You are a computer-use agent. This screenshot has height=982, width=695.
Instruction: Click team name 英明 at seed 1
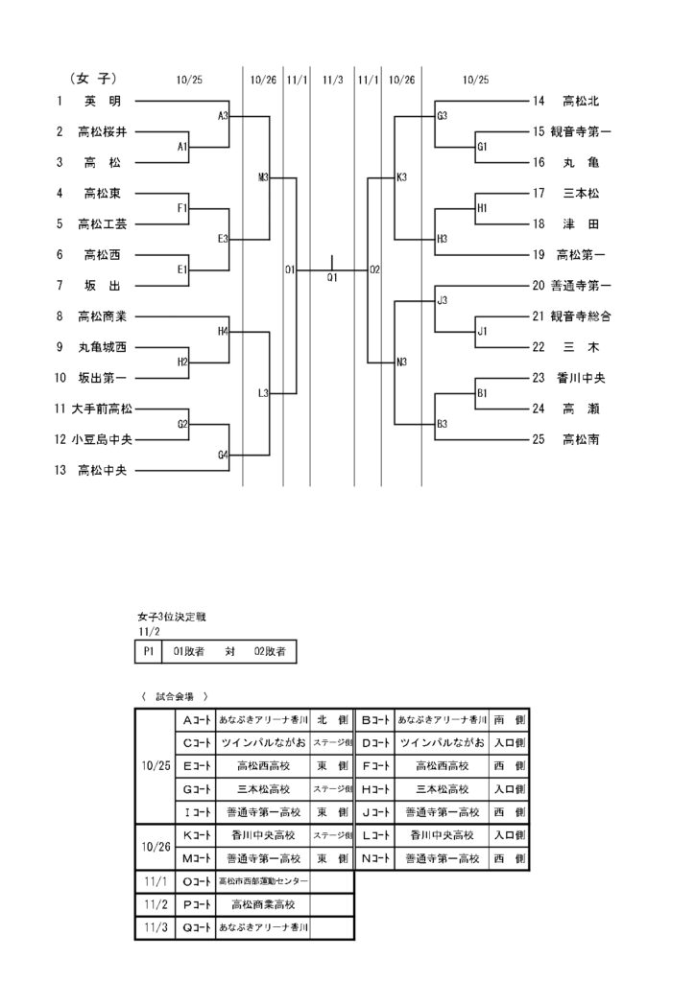tap(102, 101)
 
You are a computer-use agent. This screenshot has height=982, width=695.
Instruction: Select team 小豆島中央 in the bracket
tap(102, 439)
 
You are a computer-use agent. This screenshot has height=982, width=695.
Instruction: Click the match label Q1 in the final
tap(332, 277)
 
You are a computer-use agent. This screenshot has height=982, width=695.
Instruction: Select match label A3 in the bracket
tap(223, 116)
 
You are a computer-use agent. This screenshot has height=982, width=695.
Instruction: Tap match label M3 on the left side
tap(264, 177)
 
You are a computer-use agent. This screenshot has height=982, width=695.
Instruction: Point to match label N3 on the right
tap(402, 362)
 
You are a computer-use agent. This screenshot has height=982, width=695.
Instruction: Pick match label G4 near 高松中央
tap(223, 455)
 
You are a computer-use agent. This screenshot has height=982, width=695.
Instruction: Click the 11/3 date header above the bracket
tap(333, 80)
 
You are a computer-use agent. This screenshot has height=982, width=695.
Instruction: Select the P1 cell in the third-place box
tap(148, 651)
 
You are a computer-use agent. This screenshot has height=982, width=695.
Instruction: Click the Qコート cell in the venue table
tap(197, 927)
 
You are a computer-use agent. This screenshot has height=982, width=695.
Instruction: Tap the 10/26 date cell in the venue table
tap(155, 847)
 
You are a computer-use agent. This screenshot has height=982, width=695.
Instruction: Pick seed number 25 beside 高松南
tap(539, 439)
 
